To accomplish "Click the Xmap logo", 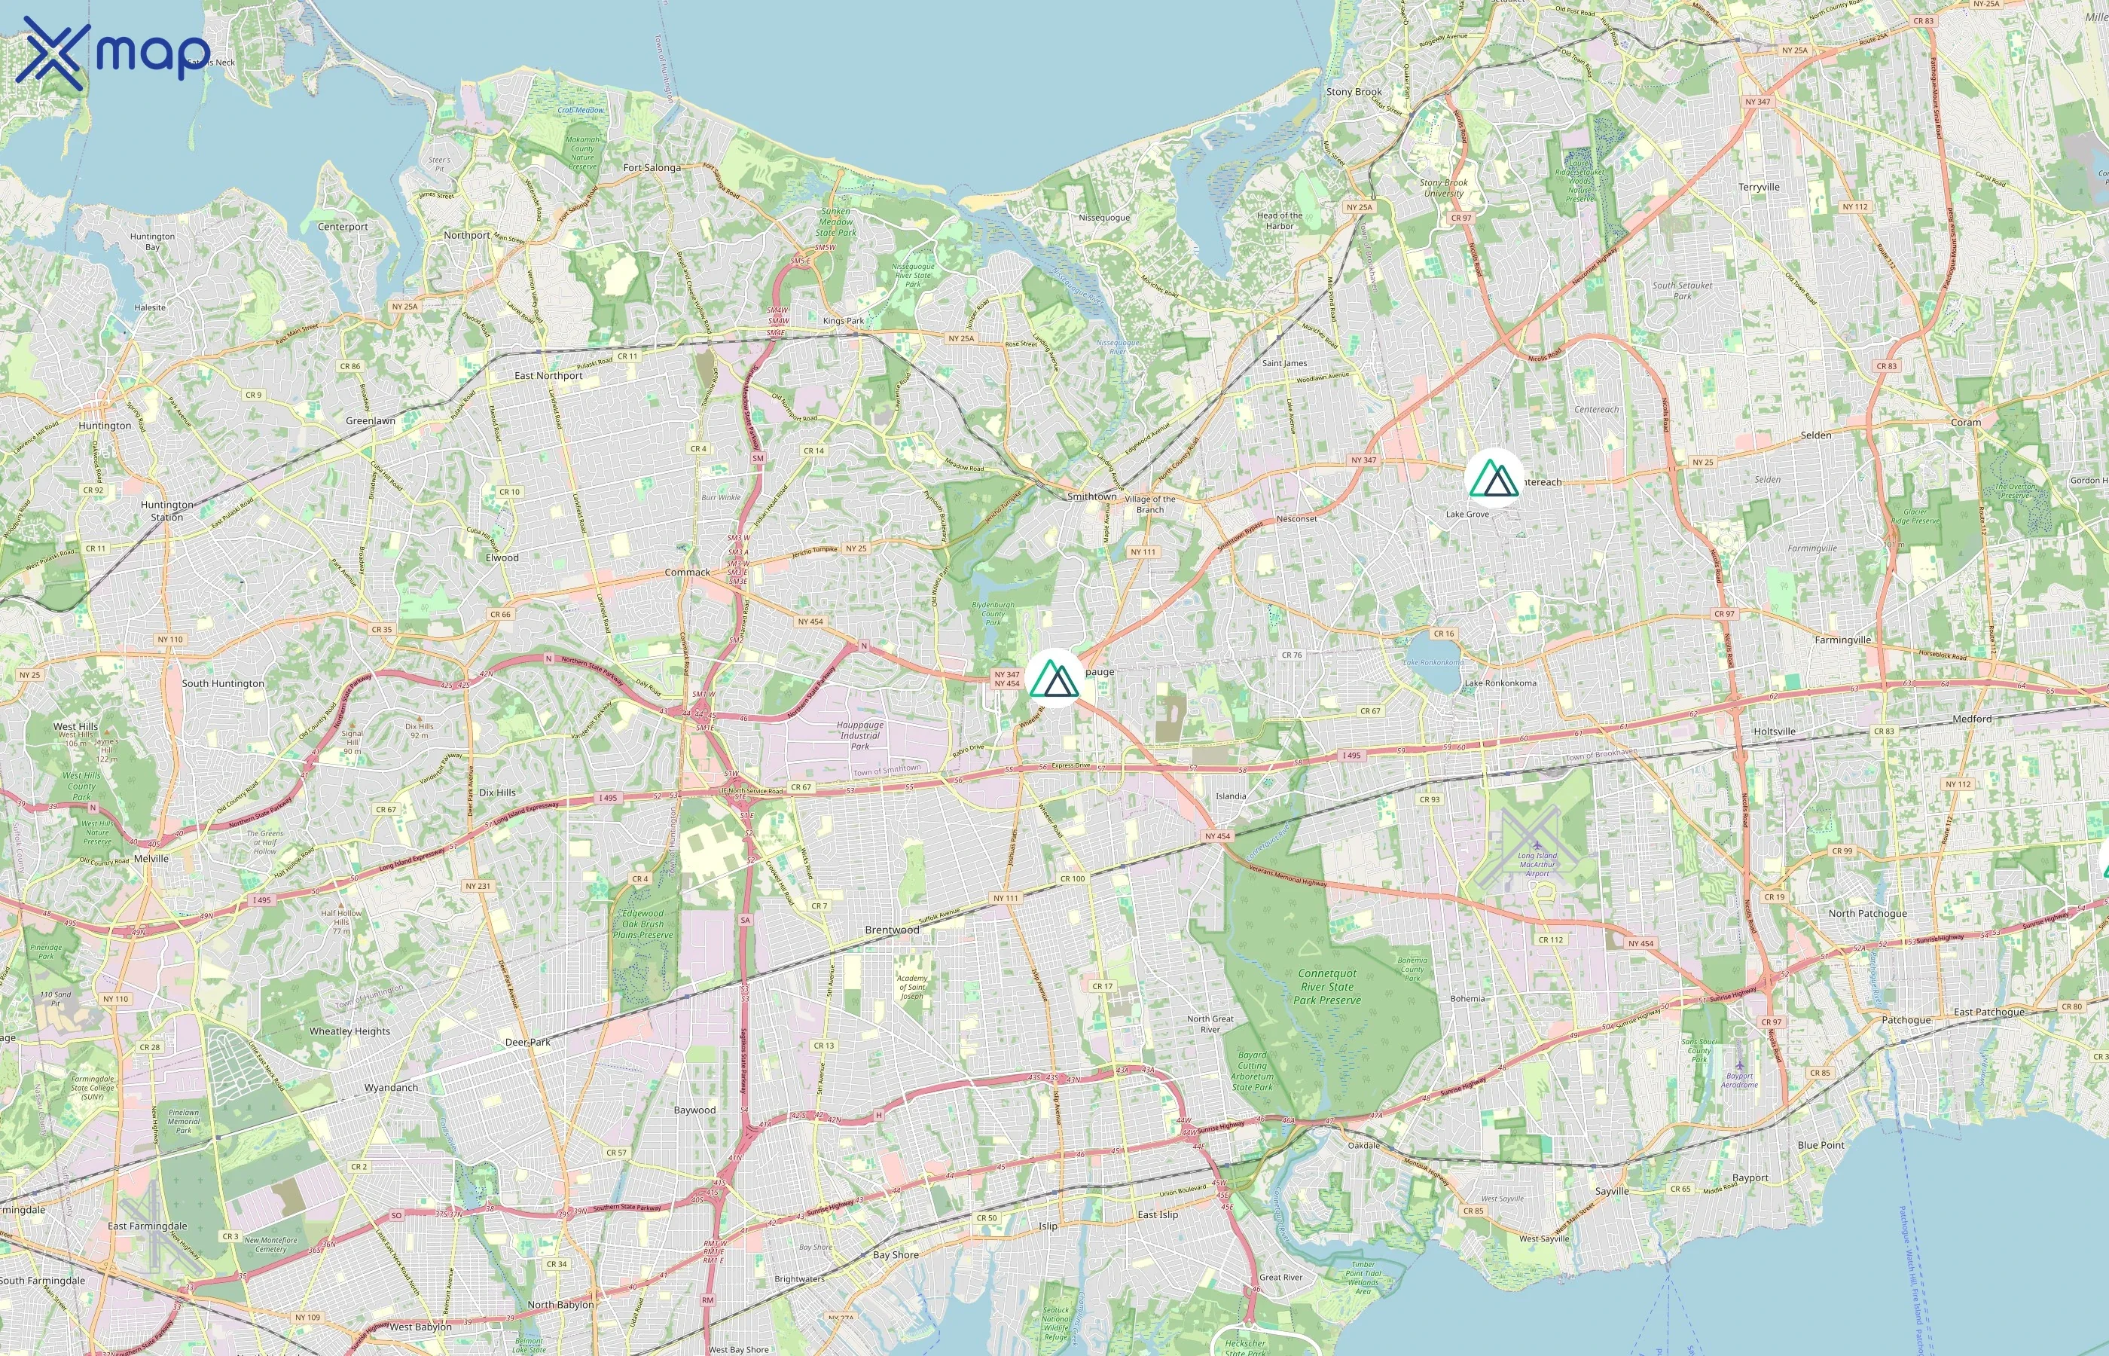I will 113,53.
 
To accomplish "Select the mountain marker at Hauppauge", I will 1054,679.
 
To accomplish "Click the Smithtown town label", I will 1091,496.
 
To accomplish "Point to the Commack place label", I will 687,573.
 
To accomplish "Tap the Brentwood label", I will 892,930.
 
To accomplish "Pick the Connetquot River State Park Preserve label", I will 1327,986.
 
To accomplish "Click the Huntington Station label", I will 166,511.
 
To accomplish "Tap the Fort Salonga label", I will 652,167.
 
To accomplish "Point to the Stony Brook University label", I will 1444,188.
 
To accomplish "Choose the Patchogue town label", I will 1906,1020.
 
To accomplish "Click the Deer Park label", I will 527,1042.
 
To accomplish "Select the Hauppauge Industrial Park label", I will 860,735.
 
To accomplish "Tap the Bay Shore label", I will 895,1255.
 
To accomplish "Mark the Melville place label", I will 151,859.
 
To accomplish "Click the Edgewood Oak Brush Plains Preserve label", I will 642,924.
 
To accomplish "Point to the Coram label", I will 1966,423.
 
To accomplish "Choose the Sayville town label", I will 1612,1191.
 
